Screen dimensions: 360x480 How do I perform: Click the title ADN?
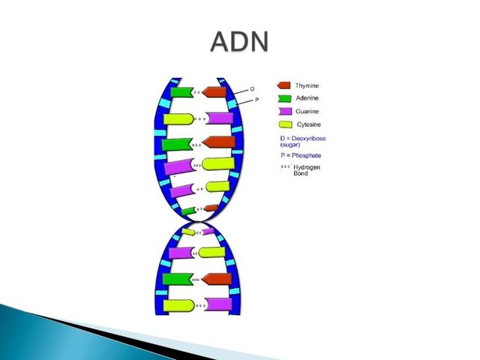coord(238,42)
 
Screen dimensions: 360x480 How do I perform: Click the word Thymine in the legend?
coord(307,85)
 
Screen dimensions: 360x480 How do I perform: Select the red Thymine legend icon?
coord(284,85)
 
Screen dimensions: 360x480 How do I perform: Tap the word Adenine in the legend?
coord(307,98)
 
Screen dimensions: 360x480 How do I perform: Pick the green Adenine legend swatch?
coord(284,98)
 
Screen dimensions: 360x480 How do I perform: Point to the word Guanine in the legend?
coord(307,111)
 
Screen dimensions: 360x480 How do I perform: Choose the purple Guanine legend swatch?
coord(284,111)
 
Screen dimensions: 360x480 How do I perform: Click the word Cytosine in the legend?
coord(309,124)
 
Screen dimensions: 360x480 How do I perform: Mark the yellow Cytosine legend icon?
coord(284,124)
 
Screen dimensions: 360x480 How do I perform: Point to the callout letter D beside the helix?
coord(251,89)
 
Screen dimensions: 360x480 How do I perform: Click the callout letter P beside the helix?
coord(256,100)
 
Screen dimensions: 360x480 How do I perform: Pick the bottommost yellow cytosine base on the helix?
coord(179,305)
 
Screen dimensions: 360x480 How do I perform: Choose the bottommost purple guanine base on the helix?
coord(219,304)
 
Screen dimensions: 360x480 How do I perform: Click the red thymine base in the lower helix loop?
coord(217,279)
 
